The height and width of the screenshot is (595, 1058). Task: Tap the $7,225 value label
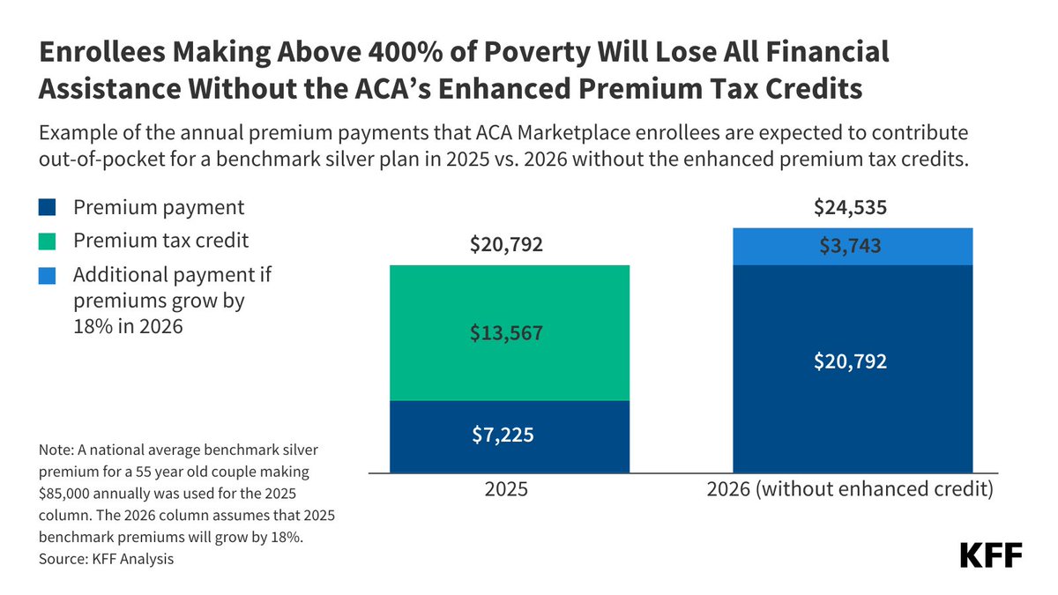click(509, 435)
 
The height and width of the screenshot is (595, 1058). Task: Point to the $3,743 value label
click(852, 246)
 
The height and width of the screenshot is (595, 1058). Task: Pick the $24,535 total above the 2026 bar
click(852, 208)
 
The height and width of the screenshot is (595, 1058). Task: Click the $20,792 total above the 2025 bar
click(509, 244)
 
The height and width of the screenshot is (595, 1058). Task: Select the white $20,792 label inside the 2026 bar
click(852, 361)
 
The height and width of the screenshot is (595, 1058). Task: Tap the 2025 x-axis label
click(506, 490)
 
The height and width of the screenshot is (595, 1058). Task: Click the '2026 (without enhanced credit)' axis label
click(850, 490)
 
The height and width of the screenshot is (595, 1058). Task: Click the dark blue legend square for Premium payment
click(48, 208)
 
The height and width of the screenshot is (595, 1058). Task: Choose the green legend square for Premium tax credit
click(48, 241)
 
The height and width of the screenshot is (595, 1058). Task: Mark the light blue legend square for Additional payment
click(48, 275)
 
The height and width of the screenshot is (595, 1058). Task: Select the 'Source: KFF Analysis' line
click(106, 559)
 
